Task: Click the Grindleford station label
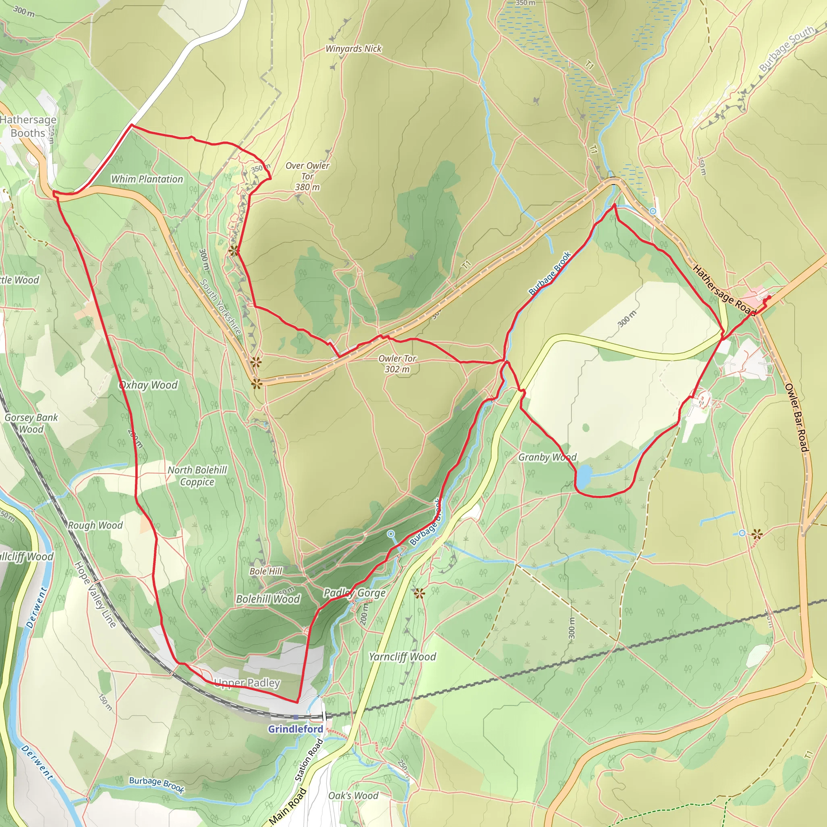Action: point(295,729)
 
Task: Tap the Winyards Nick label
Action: point(353,49)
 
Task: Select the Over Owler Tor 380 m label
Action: point(307,176)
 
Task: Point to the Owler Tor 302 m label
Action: point(397,364)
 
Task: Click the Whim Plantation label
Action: point(147,179)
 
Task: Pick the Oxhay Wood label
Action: point(148,385)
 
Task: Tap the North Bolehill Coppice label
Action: point(197,476)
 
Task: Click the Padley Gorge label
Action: point(355,593)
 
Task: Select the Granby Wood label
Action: point(547,457)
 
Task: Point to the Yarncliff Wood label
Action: point(402,657)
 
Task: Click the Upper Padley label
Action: point(247,683)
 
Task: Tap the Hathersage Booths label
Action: point(28,126)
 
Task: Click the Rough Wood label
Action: point(95,525)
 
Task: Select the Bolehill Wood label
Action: point(268,599)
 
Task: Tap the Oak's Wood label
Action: point(353,796)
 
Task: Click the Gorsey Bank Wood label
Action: point(31,423)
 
